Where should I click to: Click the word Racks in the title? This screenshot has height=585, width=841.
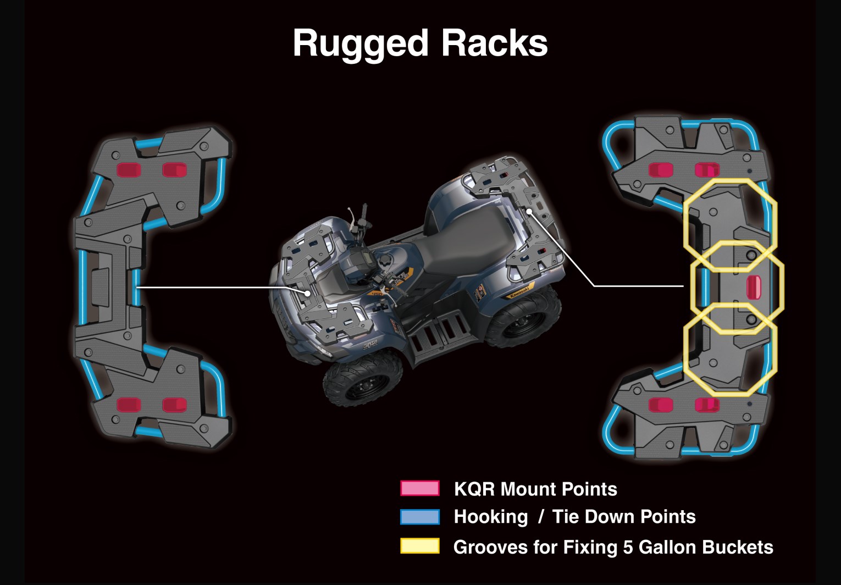(x=494, y=43)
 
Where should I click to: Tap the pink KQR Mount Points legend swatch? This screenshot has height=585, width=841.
(x=420, y=488)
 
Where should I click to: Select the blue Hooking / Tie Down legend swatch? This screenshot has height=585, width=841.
(x=420, y=517)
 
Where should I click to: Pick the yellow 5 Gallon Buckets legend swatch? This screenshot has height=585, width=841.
(x=420, y=546)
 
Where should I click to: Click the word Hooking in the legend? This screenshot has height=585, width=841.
(x=490, y=517)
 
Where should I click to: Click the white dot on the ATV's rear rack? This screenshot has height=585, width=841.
(x=529, y=211)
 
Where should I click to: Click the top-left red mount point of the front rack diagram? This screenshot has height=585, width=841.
(x=129, y=169)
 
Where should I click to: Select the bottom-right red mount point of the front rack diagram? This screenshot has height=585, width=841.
(x=174, y=405)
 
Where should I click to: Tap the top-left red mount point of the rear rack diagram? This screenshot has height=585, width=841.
(x=661, y=169)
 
